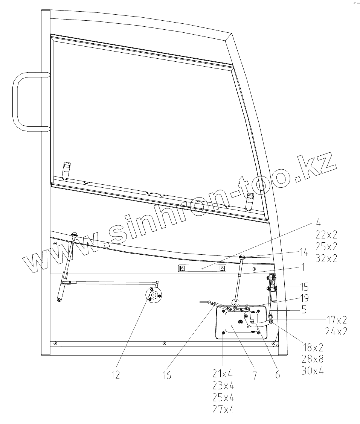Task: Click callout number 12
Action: (x=116, y=375)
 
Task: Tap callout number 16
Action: (x=167, y=375)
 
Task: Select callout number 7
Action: (x=255, y=375)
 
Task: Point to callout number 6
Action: (x=278, y=375)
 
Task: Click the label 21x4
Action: (x=223, y=374)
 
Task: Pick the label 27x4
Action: (x=224, y=410)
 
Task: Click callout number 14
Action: (x=304, y=252)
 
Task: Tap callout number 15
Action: (x=304, y=287)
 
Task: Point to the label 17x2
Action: (x=336, y=320)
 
